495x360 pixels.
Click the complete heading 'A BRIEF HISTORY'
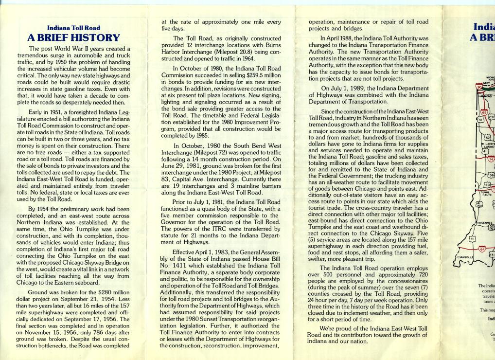[73, 37]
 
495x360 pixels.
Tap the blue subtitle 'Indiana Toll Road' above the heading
[73, 28]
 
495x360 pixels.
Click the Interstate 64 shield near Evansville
[482, 249]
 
